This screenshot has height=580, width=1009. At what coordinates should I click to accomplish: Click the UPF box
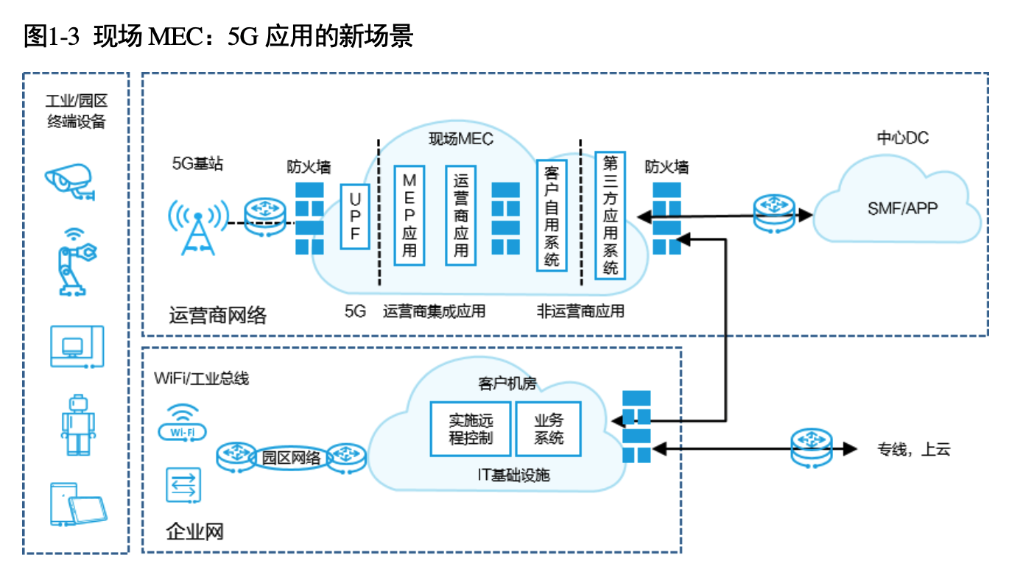click(355, 216)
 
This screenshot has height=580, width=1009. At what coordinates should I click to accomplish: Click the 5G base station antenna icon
click(198, 227)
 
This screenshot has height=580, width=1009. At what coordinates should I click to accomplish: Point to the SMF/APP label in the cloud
click(903, 208)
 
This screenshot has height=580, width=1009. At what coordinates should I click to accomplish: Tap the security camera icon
click(70, 182)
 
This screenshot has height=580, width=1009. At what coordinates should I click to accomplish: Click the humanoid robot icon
click(78, 425)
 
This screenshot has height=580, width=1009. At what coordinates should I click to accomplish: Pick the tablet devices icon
click(78, 504)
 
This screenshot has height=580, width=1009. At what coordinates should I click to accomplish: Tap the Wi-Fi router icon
click(183, 422)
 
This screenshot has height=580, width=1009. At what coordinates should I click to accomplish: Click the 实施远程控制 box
click(471, 429)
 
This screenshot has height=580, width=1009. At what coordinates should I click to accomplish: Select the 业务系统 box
click(549, 429)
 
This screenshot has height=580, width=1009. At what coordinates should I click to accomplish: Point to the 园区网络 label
click(291, 458)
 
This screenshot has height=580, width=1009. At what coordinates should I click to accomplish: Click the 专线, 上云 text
click(913, 449)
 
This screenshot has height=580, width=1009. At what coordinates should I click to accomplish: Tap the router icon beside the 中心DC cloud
click(774, 213)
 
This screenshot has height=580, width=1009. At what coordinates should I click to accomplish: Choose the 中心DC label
click(903, 138)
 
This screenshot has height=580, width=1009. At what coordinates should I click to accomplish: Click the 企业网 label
click(194, 532)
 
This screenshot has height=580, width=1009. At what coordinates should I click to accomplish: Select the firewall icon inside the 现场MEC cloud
click(505, 219)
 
